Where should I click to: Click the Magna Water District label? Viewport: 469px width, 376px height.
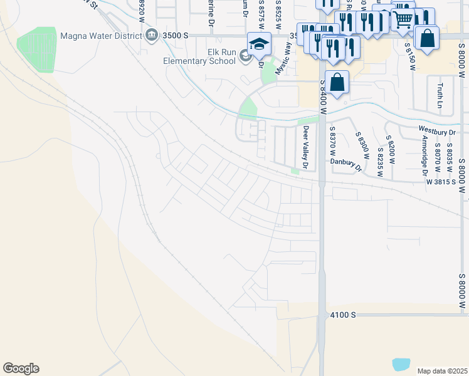(x=100, y=36)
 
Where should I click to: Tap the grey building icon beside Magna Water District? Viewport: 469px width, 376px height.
(x=152, y=36)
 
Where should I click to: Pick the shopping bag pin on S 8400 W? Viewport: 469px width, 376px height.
(x=337, y=82)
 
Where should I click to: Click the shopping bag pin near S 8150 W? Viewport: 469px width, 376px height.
(x=427, y=38)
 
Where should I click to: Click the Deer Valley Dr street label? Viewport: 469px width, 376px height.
(x=306, y=148)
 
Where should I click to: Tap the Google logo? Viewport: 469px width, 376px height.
(x=21, y=368)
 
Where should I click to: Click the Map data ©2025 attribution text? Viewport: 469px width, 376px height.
(x=442, y=371)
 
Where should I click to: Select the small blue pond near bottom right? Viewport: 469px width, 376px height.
(x=401, y=363)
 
